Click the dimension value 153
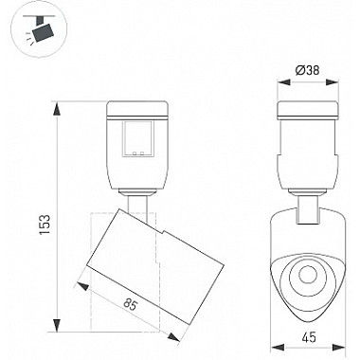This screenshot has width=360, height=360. point(45,225)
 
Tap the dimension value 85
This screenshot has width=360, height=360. point(130,305)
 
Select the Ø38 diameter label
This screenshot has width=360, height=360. point(308,70)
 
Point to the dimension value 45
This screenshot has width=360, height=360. point(309,337)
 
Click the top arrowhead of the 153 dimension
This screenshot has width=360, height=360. point(57,108)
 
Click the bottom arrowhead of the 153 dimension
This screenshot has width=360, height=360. point(57,325)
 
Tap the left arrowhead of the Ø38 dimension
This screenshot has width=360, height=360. point(283,82)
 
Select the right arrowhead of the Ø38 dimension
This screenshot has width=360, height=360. point(332,82)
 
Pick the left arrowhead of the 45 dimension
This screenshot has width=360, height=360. point(277,348)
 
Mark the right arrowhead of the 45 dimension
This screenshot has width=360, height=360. point(339,348)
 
